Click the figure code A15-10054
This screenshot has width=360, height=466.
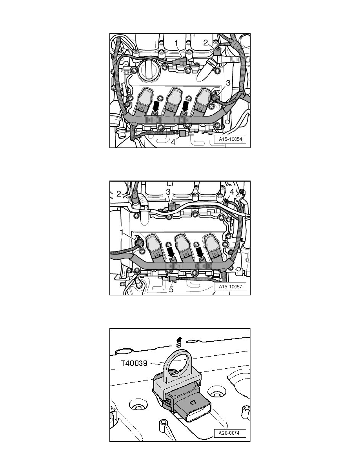pos(231,139)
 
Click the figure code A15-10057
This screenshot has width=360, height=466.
pos(231,287)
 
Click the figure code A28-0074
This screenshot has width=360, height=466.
pos(229,433)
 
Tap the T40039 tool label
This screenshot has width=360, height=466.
pos(134,363)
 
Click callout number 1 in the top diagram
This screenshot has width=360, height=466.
pos(176,44)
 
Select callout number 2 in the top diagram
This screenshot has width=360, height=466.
pos(205,42)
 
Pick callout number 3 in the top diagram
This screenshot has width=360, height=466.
pos(228,83)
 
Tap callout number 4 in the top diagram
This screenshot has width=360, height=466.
pos(173,142)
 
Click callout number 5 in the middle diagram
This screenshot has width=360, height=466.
pos(171,289)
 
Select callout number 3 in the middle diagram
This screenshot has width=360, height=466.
pos(168,192)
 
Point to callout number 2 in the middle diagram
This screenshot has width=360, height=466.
pos(119,194)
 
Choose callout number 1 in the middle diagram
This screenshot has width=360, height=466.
pos(122,232)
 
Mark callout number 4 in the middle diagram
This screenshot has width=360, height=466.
pos(232,192)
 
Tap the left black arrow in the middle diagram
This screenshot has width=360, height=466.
pos(171,253)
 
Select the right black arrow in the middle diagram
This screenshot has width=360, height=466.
pos(201,253)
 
